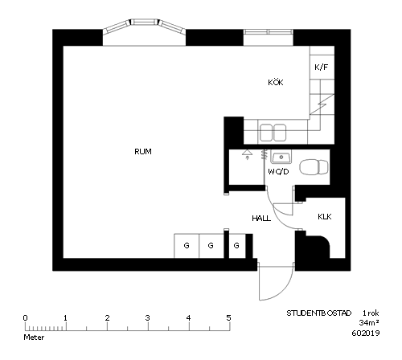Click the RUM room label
pyautogui.click(x=143, y=152)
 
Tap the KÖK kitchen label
pyautogui.click(x=276, y=82)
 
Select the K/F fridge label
pyautogui.click(x=322, y=67)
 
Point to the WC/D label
pyautogui.click(x=278, y=171)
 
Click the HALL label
pyautogui.click(x=261, y=219)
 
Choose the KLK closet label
pyautogui.click(x=325, y=216)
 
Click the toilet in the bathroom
pyautogui.click(x=314, y=167)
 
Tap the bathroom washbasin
pyautogui.click(x=281, y=157)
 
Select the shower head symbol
pyautogui.click(x=247, y=154)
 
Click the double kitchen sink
pyautogui.click(x=273, y=133)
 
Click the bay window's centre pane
pyautogui.click(x=145, y=22)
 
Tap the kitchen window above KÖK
pyautogui.click(x=268, y=32)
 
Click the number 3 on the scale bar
pyautogui.click(x=148, y=318)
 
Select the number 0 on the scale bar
pyautogui.click(x=25, y=318)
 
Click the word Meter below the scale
pyautogui.click(x=34, y=337)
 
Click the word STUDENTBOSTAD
pyautogui.click(x=319, y=313)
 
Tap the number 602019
pyautogui.click(x=366, y=333)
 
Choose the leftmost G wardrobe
pyautogui.click(x=187, y=246)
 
